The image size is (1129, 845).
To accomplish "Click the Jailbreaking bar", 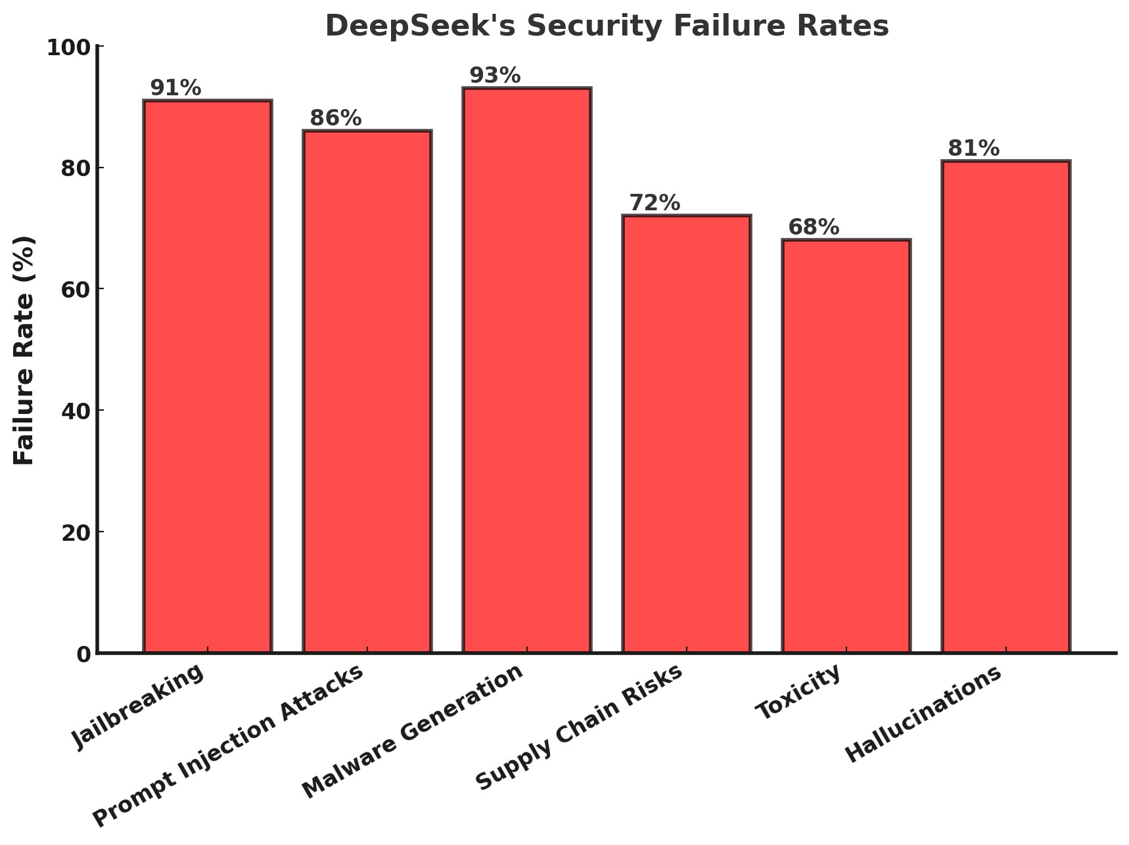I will click(208, 377).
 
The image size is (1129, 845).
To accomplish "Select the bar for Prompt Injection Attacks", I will click(367, 392).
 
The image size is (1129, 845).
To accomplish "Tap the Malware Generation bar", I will click(527, 370).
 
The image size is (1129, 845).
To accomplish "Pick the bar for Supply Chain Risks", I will click(687, 434).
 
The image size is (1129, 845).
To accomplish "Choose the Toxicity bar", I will click(846, 446).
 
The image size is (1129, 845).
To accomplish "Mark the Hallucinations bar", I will click(1006, 407).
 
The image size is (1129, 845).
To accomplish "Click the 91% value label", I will click(175, 88).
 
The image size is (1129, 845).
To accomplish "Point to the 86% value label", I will click(335, 118).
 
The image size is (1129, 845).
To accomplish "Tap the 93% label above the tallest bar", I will click(495, 76).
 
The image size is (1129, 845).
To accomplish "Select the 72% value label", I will click(655, 203).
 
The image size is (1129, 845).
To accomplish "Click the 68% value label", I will click(814, 227).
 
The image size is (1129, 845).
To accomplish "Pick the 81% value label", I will click(973, 148).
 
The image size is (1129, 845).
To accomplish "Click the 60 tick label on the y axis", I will click(76, 290).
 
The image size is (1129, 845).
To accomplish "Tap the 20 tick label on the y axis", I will click(76, 532).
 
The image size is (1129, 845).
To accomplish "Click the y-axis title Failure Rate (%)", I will click(24, 350).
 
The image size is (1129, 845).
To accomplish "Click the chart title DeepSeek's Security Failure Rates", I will click(607, 26).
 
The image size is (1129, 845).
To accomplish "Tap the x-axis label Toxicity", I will click(798, 692).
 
